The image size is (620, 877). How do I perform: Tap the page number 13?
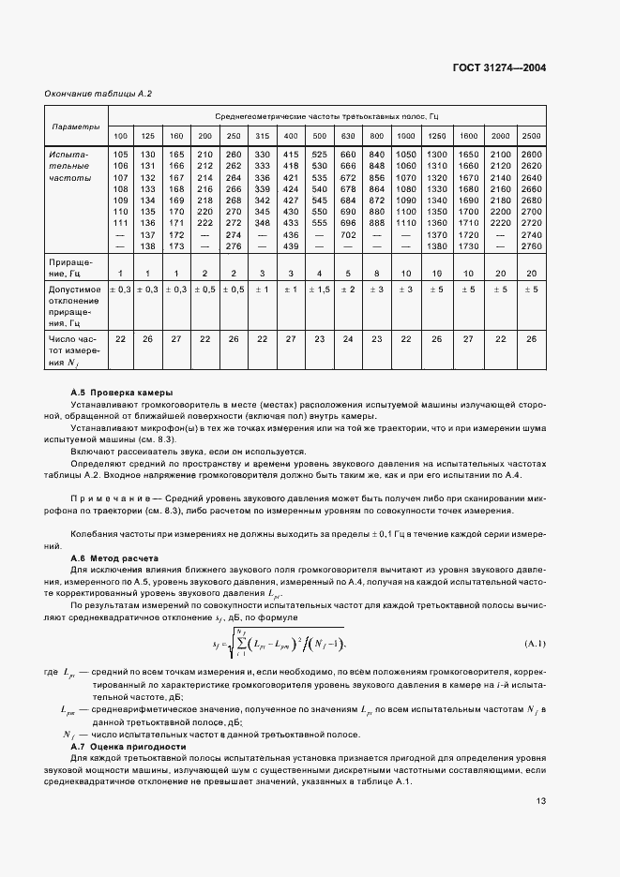click(x=540, y=801)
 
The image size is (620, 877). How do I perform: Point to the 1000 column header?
click(x=405, y=137)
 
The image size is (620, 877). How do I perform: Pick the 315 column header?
click(x=262, y=137)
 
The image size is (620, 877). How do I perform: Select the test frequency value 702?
click(x=347, y=233)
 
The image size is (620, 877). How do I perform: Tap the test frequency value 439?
click(x=291, y=245)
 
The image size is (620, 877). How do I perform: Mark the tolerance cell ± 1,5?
click(x=319, y=290)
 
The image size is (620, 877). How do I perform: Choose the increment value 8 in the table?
click(x=376, y=272)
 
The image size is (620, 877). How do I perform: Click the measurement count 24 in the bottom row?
click(x=347, y=337)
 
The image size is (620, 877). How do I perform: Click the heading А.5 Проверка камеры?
click(x=122, y=392)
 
